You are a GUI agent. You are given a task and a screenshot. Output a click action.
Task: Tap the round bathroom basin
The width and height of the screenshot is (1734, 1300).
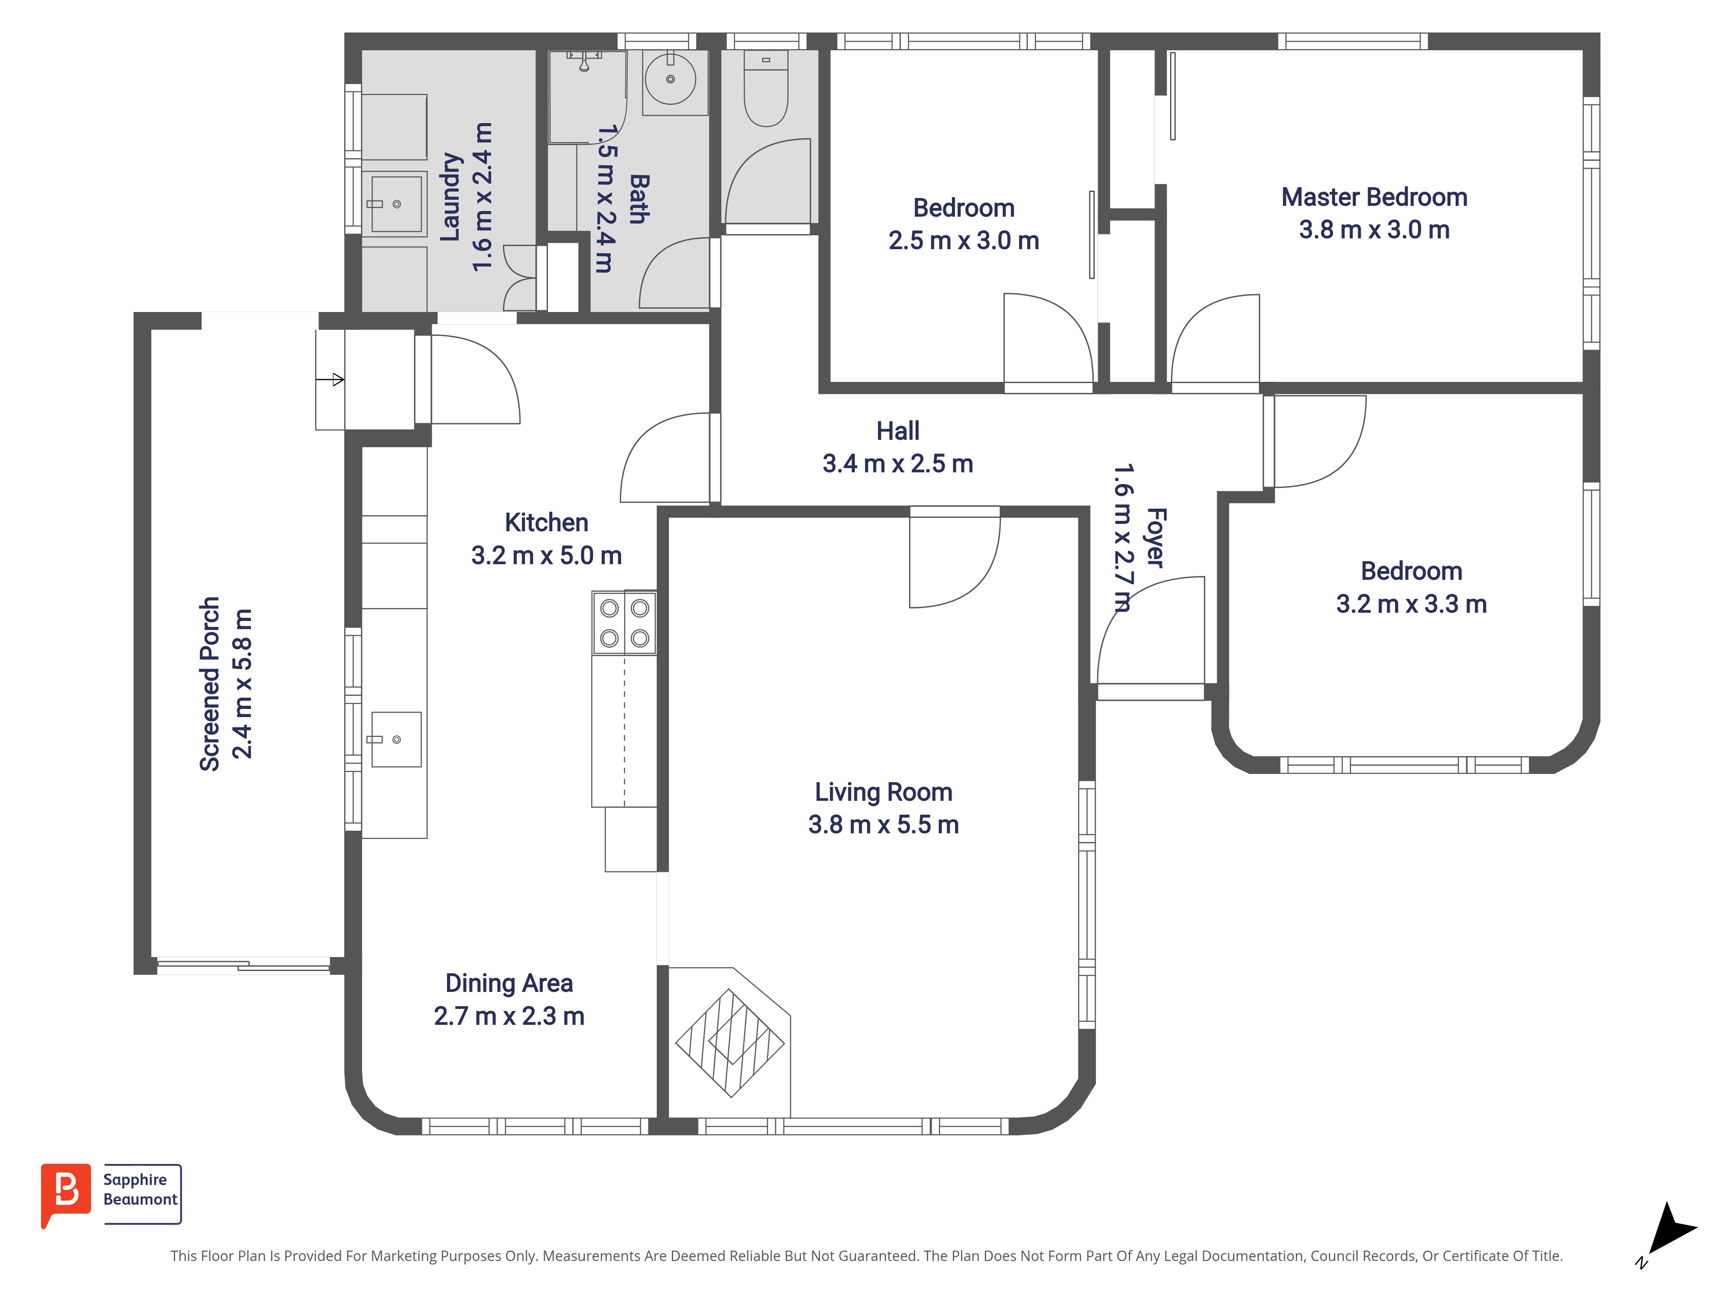tap(670, 78)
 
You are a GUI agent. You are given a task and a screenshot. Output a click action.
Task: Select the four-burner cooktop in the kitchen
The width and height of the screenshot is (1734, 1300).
tap(624, 623)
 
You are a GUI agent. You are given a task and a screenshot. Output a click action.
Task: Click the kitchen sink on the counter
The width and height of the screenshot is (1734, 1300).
tap(396, 739)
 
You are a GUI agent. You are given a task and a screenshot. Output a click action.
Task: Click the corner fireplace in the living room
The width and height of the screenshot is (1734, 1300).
tap(730, 1042)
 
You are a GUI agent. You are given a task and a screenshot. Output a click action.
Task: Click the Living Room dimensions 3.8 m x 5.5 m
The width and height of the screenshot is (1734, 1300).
tap(883, 824)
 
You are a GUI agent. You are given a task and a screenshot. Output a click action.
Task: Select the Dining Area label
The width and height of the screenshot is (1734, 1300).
tap(509, 983)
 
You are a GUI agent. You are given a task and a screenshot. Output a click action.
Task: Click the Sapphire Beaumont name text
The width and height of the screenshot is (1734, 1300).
tap(140, 1189)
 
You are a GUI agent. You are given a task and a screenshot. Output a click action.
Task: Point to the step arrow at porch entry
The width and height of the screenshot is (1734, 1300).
tap(330, 380)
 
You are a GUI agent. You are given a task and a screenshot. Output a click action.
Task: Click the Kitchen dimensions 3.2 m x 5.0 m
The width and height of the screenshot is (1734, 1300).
tap(546, 556)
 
